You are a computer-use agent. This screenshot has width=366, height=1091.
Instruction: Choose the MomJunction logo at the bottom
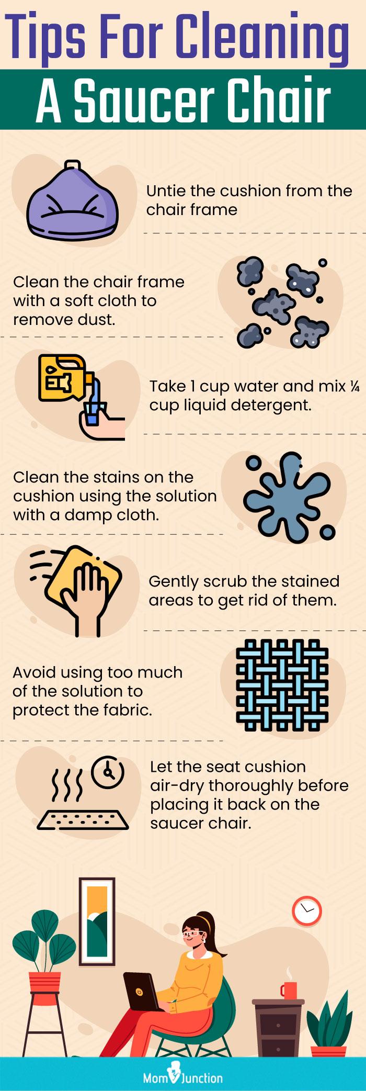(183, 1076)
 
